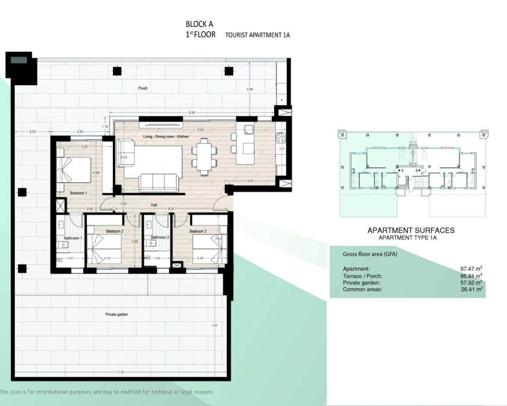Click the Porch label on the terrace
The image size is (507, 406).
[143, 88]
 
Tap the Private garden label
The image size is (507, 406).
[116, 314]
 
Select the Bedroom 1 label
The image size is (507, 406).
[78, 193]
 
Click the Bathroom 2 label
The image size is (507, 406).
[160, 237]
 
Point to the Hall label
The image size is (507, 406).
[154, 205]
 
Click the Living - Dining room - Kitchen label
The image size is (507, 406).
[166, 137]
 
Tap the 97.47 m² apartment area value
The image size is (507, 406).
[471, 269]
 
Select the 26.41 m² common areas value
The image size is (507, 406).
[471, 289]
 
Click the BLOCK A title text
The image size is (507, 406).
[199, 24]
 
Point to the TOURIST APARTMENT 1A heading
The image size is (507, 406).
[257, 35]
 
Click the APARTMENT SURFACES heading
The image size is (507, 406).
[411, 230]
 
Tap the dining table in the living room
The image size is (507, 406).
[204, 156]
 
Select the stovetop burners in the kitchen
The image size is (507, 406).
[280, 138]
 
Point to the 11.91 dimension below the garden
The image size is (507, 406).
[121, 372]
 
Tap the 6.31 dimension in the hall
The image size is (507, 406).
[171, 209]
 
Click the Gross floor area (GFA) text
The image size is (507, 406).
[370, 254]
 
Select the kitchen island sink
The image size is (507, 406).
[248, 129]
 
